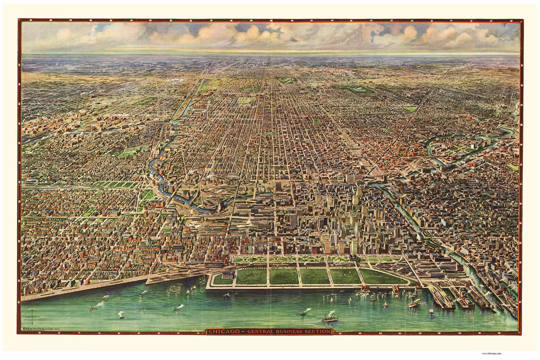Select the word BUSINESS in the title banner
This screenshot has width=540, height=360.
click(x=288, y=332)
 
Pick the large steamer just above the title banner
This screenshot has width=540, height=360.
click(x=330, y=318)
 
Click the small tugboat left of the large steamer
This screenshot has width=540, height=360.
click(x=304, y=313)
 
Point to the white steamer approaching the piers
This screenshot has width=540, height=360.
click(x=414, y=303)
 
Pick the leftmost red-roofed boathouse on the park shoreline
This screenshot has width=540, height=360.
click(x=365, y=288)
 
